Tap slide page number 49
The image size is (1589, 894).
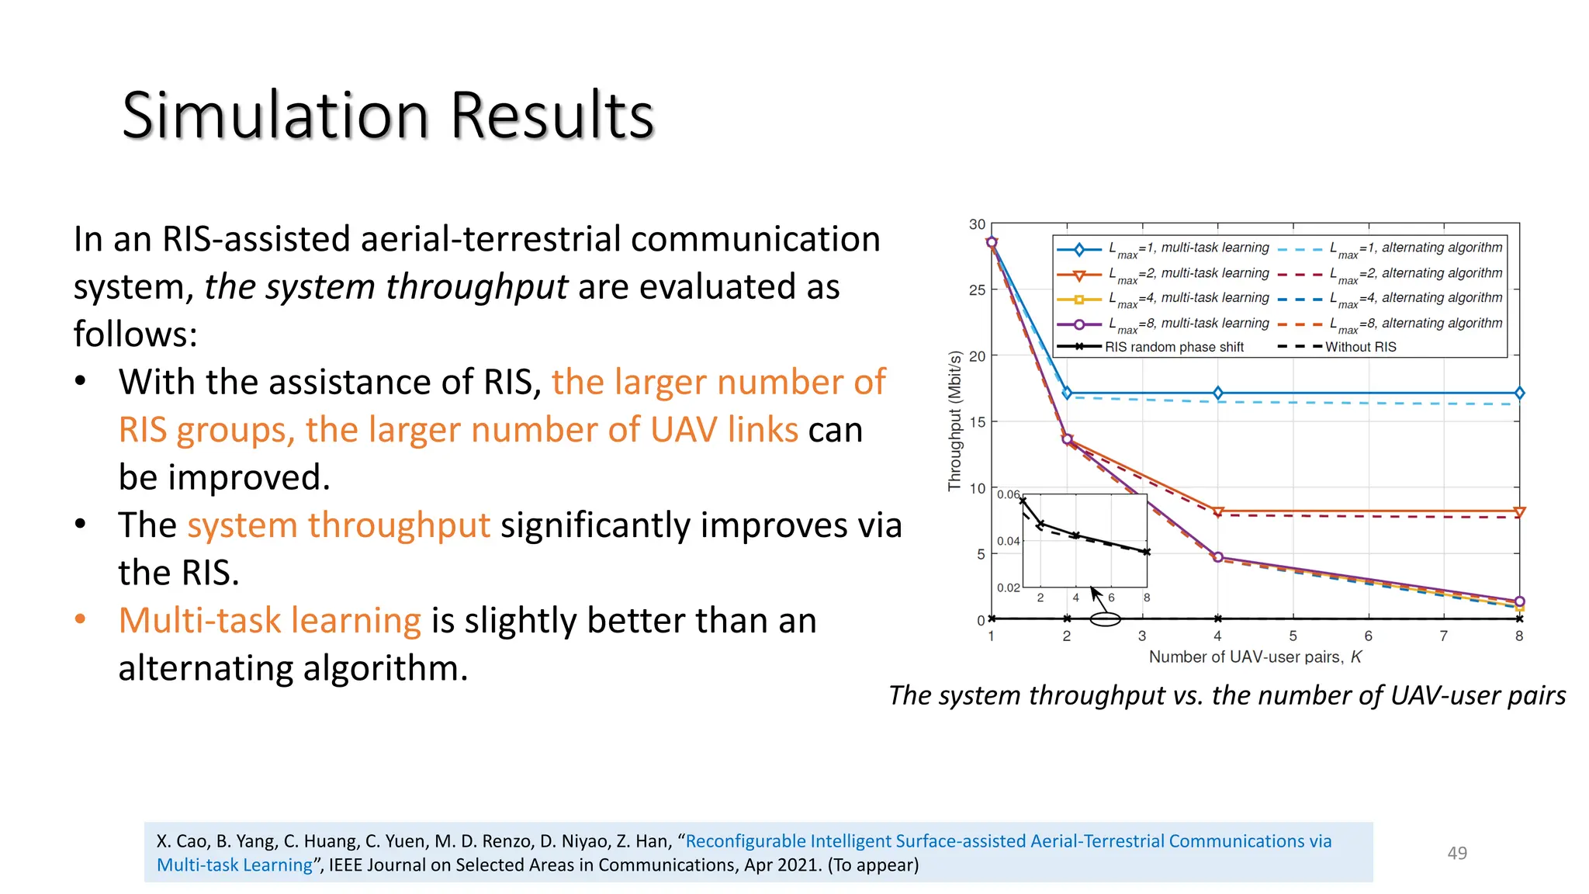(x=1457, y=853)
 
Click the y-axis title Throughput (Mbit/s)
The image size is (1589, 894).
(x=955, y=421)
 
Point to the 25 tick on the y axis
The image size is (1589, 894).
(x=977, y=290)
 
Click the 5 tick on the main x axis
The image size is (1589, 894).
(x=1293, y=636)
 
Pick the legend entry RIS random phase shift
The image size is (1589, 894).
(x=1173, y=347)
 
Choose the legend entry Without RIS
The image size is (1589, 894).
(x=1360, y=347)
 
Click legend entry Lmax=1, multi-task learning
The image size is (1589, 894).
(x=1188, y=248)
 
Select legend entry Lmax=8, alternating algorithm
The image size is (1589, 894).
(x=1415, y=324)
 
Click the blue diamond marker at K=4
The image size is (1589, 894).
(x=1217, y=393)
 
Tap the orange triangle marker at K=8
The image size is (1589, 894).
(x=1519, y=512)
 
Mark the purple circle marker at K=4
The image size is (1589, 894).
(x=1217, y=557)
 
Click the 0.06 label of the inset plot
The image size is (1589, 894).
(x=1008, y=494)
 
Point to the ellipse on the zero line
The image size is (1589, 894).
(x=1105, y=619)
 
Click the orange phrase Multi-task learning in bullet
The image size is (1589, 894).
(x=269, y=620)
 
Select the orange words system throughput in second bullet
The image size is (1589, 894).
(x=338, y=525)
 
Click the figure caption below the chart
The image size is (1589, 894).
(x=1227, y=695)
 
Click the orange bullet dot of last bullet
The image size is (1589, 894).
(x=81, y=619)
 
